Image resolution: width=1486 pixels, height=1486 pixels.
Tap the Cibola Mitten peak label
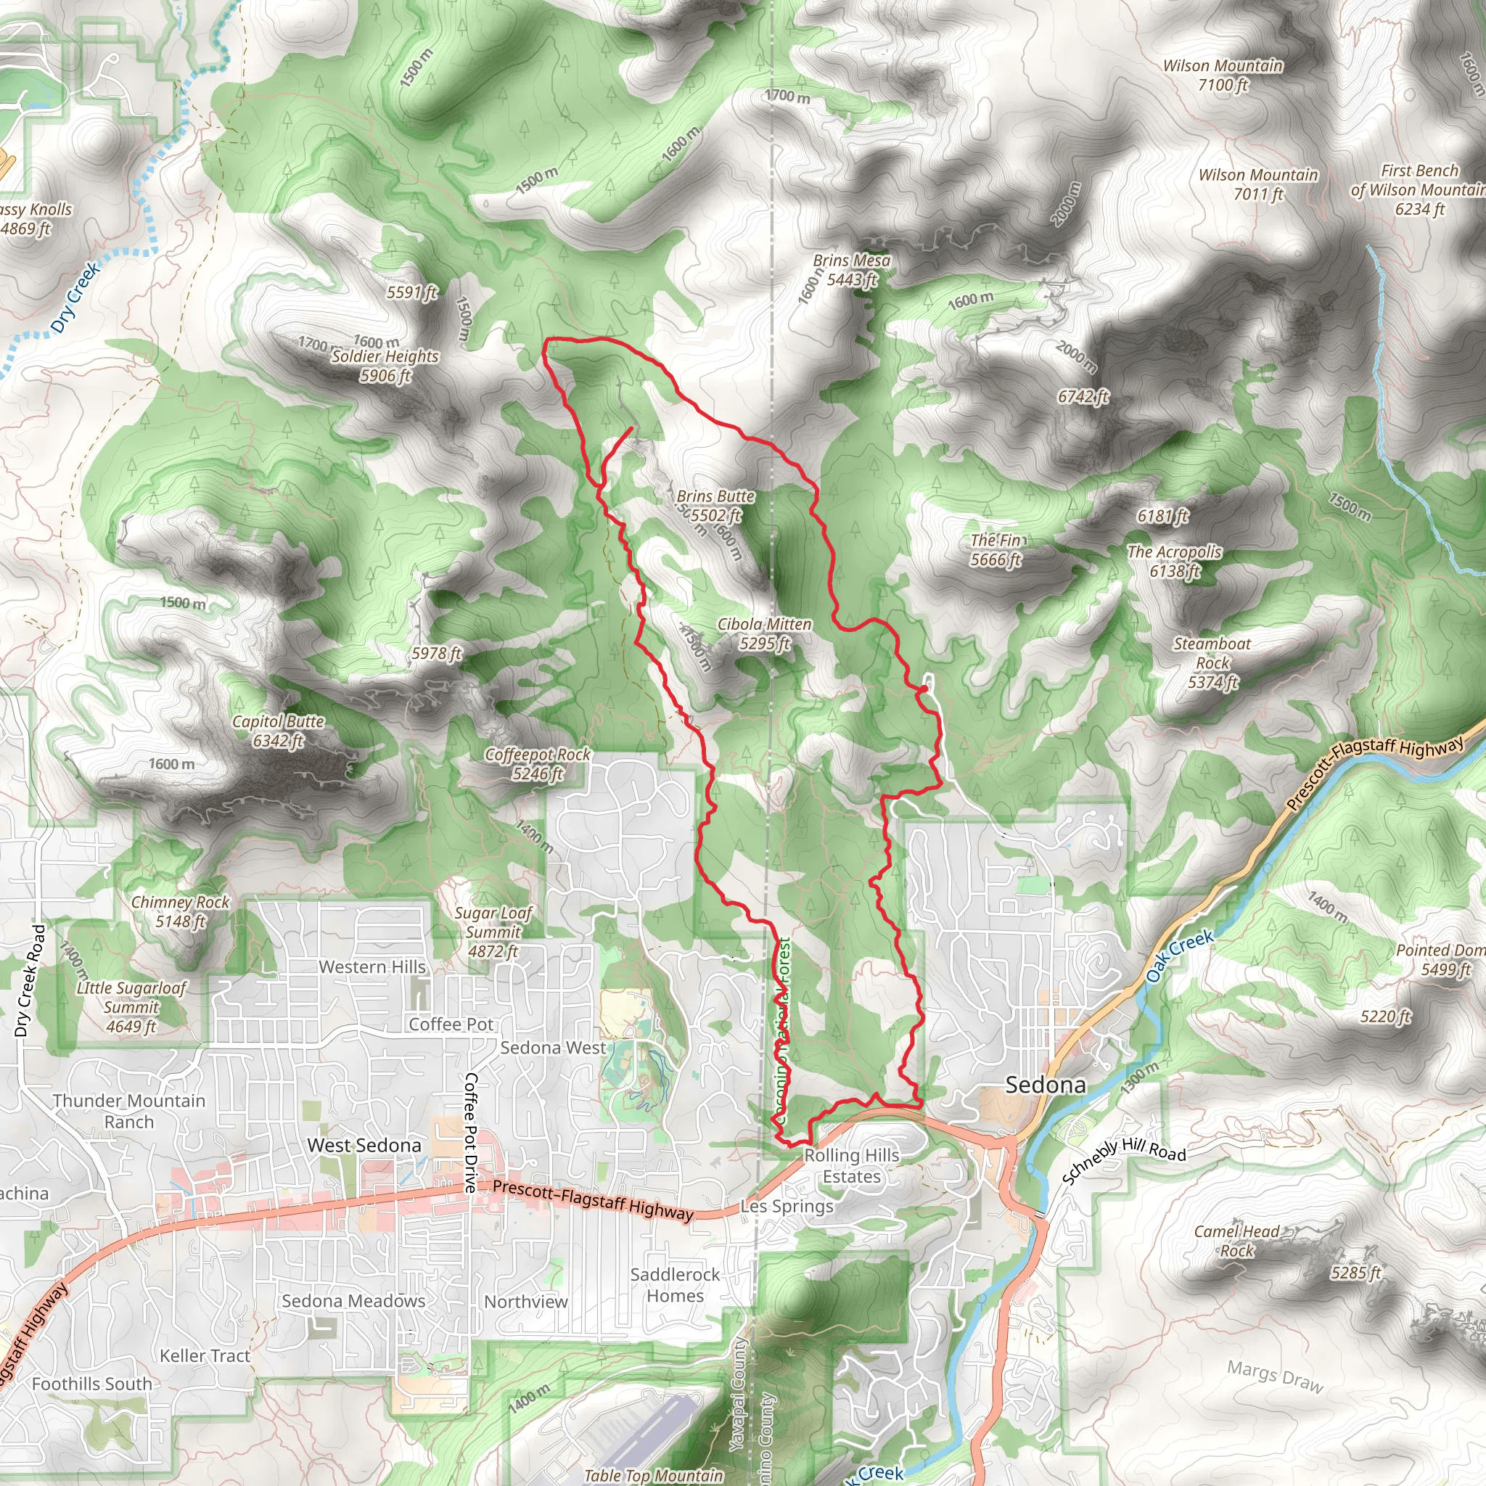[x=765, y=633]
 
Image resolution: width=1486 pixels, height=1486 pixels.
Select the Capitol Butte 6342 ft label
[x=278, y=731]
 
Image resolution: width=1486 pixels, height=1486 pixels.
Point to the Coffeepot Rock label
[x=538, y=764]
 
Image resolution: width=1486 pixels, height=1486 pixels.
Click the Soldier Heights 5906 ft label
[x=385, y=366]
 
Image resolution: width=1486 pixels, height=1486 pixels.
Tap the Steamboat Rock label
[x=1212, y=662]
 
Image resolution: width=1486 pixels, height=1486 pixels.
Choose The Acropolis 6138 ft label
[x=1175, y=561]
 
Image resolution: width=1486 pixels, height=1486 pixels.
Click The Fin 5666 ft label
[x=996, y=549]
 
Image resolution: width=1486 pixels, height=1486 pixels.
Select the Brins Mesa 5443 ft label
[x=851, y=270]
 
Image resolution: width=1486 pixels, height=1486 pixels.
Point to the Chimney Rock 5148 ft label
[x=180, y=911]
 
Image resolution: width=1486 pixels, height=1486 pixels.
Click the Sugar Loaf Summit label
[x=493, y=932]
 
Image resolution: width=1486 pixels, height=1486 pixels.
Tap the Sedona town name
[x=1046, y=1085]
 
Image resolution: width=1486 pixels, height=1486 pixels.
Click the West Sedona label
[x=364, y=1145]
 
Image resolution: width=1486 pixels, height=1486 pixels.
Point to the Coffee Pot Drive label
[x=470, y=1133]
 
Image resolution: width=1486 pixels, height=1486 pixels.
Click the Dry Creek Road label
[x=30, y=981]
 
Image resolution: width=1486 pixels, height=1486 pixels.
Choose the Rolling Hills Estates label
[x=851, y=1166]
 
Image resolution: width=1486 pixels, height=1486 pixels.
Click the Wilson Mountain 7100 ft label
[x=1222, y=75]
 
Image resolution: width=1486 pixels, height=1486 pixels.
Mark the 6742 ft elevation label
[x=1083, y=396]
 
